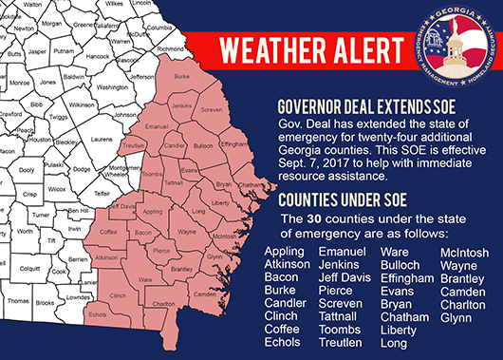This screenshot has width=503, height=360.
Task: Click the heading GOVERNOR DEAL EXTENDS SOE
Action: coord(363,106)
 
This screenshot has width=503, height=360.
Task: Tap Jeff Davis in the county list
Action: coord(343,278)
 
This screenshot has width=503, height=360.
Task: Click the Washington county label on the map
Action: coord(113,87)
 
